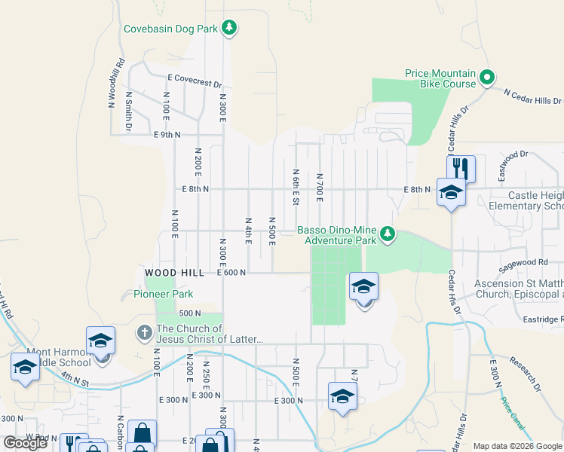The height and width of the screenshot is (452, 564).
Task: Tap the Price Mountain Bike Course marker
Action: point(487,77)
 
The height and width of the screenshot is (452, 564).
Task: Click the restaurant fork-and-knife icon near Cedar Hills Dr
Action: point(461,168)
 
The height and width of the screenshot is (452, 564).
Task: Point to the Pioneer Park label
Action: point(164,294)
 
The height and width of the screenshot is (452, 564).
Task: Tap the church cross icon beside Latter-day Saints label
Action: point(144,333)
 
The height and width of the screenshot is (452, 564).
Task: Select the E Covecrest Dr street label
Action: point(195,81)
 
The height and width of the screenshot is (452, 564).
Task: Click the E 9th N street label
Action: point(167,135)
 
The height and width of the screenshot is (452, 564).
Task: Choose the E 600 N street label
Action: point(231,273)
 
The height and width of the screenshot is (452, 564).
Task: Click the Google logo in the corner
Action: point(25,442)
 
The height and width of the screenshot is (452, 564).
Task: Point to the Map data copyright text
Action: point(518,446)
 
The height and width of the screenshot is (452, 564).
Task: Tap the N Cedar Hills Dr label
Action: point(532,96)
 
